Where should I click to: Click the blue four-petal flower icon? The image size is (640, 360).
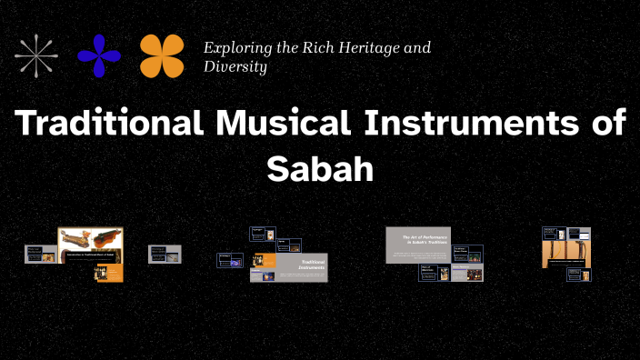click(99, 55)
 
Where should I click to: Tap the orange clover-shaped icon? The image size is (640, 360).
click(162, 55)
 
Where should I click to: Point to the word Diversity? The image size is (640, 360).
click(235, 66)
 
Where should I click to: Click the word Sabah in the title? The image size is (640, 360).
click(320, 169)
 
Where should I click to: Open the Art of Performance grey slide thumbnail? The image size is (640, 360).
click(417, 245)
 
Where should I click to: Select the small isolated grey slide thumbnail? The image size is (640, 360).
click(165, 254)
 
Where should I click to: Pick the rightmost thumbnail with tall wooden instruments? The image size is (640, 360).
click(567, 254)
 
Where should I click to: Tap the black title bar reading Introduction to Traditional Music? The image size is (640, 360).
click(91, 257)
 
